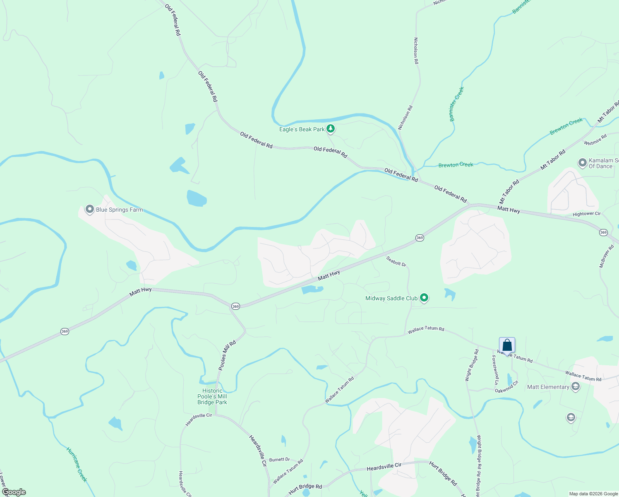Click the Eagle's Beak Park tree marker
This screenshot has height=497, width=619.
[x=330, y=129]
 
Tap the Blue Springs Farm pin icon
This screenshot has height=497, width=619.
[x=89, y=209]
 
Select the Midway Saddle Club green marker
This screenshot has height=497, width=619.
[x=424, y=298]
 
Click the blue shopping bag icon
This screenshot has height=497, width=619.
[x=507, y=345]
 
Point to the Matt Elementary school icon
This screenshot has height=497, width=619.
[x=575, y=387]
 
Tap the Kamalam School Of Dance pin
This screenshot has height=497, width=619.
[x=583, y=162]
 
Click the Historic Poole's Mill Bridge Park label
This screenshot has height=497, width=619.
[x=212, y=396]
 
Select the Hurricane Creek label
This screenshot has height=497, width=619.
[x=77, y=464]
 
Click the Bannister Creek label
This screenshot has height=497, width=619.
[x=457, y=104]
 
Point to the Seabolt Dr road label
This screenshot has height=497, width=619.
[x=396, y=261]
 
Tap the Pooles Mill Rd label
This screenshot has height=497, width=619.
[x=227, y=355]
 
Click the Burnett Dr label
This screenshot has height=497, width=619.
[x=279, y=459]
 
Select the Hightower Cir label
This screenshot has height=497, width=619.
[x=586, y=214]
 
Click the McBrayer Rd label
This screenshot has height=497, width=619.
[x=607, y=256]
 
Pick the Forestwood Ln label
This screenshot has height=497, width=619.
[x=495, y=370]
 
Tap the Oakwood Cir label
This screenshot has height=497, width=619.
[x=506, y=387]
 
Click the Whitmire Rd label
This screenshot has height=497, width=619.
[x=595, y=140]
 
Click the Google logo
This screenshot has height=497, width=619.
[x=14, y=492]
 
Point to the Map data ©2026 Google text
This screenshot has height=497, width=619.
[x=593, y=494]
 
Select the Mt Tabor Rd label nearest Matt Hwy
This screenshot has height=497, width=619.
[x=509, y=191]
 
